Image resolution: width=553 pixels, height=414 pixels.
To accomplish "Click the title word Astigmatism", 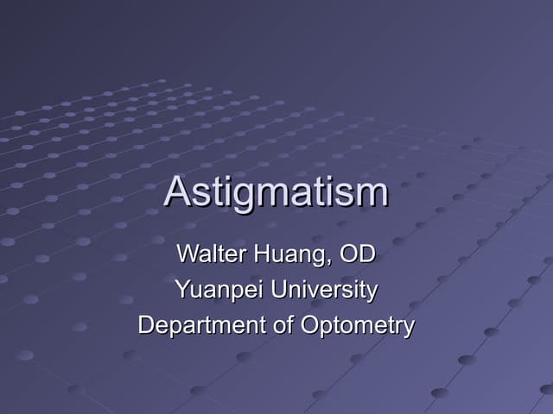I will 276,191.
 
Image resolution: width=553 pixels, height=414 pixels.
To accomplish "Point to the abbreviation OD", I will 357,254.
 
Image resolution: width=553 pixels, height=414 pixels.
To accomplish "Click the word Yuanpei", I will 219,291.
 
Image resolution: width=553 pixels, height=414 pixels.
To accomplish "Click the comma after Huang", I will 329,261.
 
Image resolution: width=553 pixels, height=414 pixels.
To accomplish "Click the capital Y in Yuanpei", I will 181,290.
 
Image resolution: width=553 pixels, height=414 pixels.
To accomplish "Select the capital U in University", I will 278,290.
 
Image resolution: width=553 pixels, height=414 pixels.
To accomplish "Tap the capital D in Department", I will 146,325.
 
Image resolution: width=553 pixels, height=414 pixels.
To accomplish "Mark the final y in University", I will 372,293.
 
